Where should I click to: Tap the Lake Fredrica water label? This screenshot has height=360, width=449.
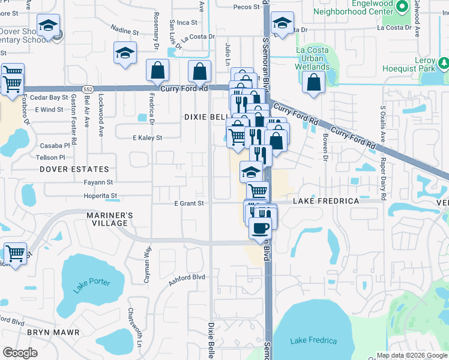coord(313,341)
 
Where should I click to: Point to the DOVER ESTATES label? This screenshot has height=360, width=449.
coord(74,170)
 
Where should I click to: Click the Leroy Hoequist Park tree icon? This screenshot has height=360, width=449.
coord(444,62)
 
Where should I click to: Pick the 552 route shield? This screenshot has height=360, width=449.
coord(88,89)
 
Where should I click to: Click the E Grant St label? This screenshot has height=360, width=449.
coord(189,203)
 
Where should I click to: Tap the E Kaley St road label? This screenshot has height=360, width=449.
coord(148,138)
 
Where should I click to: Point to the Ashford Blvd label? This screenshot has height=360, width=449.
coord(187,279)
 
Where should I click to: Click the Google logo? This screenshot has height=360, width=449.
coord(20,353)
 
